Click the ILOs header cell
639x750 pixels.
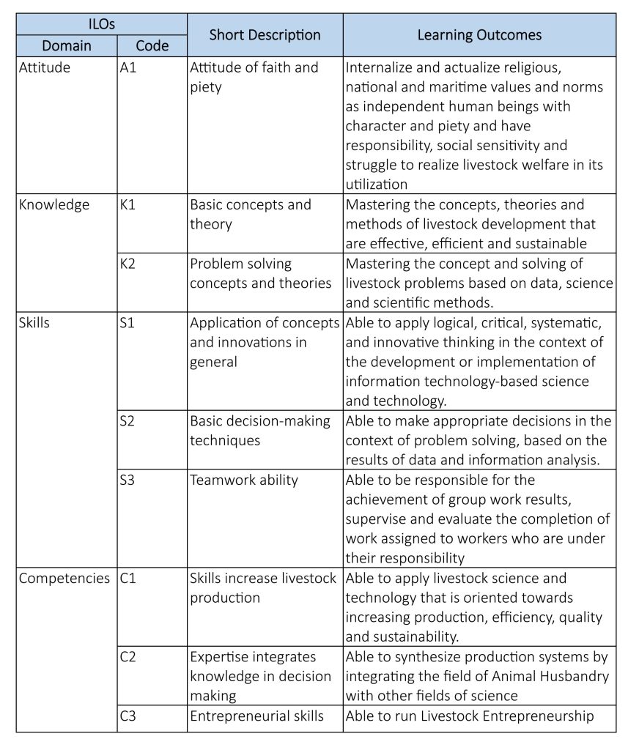click(101, 23)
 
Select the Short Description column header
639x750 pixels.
click(265, 34)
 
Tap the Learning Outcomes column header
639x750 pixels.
click(479, 34)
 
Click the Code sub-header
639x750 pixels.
click(152, 45)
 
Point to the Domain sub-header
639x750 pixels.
click(67, 45)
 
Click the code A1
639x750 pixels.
click(128, 67)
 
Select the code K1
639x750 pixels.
click(128, 204)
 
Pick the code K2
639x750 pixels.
click(128, 264)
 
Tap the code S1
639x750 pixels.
click(128, 322)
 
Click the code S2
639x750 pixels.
click(128, 421)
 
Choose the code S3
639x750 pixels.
click(128, 480)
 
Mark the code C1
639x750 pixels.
click(128, 578)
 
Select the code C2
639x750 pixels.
click(128, 656)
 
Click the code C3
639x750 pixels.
click(128, 716)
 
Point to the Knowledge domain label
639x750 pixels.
click(53, 204)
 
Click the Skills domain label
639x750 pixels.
click(34, 322)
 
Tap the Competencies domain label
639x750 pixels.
click(64, 578)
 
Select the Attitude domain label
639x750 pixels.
click(45, 67)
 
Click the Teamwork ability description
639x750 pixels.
click(244, 480)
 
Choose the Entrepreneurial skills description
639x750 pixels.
click(256, 716)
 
